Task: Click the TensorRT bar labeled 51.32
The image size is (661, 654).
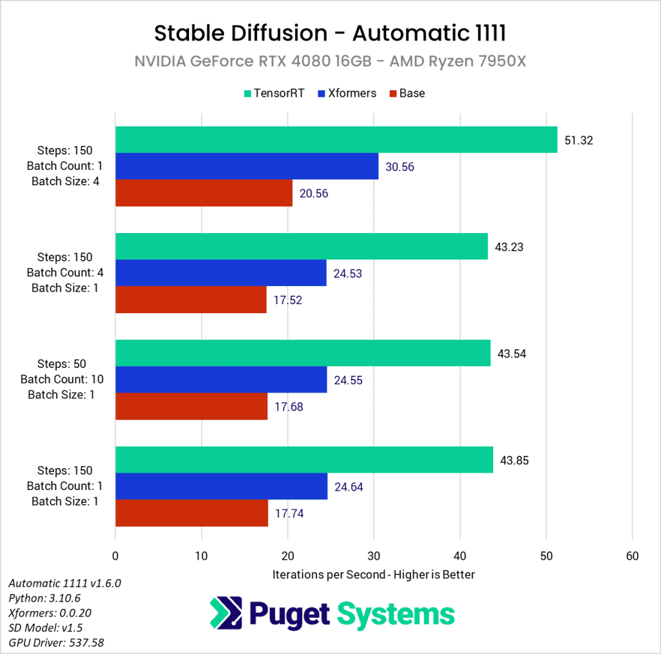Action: [336, 140]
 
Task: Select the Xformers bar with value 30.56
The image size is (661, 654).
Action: [247, 167]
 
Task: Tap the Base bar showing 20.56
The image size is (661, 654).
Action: [203, 193]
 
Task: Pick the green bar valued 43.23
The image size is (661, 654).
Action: [301, 247]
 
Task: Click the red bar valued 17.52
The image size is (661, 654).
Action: [190, 300]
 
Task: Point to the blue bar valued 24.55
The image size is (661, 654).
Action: [221, 380]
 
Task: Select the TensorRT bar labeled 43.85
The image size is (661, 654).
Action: [303, 460]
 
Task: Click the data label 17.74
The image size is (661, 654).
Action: [289, 514]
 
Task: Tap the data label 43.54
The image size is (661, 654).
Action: [511, 354]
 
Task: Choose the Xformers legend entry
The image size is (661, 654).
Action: [347, 93]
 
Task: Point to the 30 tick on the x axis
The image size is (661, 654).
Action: [374, 556]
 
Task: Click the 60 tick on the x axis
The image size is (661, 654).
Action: [632, 556]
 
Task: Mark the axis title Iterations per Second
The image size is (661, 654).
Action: [373, 574]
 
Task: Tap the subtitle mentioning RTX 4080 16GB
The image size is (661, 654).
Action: [330, 61]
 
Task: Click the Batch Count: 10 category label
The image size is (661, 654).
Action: [61, 380]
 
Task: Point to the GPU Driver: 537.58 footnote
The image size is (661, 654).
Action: [56, 642]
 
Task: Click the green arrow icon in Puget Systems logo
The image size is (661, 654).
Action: [226, 613]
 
